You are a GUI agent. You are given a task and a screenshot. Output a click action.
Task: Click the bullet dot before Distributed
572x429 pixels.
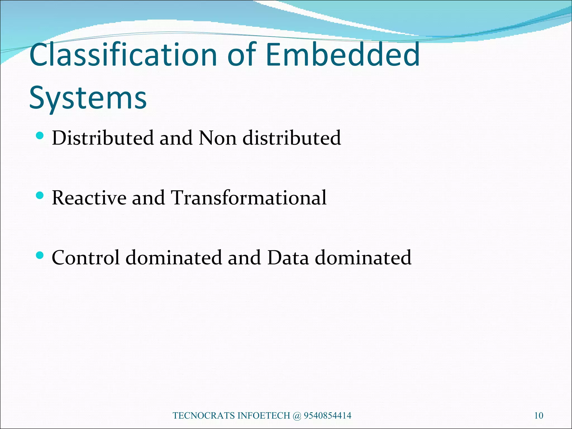pos(40,136)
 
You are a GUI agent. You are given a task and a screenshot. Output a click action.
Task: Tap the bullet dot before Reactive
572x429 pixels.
pos(40,196)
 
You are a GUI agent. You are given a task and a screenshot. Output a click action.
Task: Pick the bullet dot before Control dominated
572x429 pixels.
pos(40,255)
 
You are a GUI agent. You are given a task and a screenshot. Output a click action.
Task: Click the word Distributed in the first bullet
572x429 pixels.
pos(103,138)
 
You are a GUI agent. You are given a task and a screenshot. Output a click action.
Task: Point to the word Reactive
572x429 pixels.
pos(89,198)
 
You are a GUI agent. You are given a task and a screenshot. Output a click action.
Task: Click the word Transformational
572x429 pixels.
pos(249,198)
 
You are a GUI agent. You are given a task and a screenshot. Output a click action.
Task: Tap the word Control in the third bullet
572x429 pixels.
pos(86,257)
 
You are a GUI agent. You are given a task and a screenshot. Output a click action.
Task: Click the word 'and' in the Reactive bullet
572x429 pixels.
pos(148,198)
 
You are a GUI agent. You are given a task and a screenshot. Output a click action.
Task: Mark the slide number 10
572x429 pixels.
pos(538,416)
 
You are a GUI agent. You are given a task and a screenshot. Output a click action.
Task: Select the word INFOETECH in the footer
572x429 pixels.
pos(264,416)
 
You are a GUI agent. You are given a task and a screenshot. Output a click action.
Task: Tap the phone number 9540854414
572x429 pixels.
pos(327,416)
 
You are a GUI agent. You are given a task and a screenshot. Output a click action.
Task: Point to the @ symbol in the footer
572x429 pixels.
pos(297,416)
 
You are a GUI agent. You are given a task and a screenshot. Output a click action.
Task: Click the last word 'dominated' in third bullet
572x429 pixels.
pos(363,257)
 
